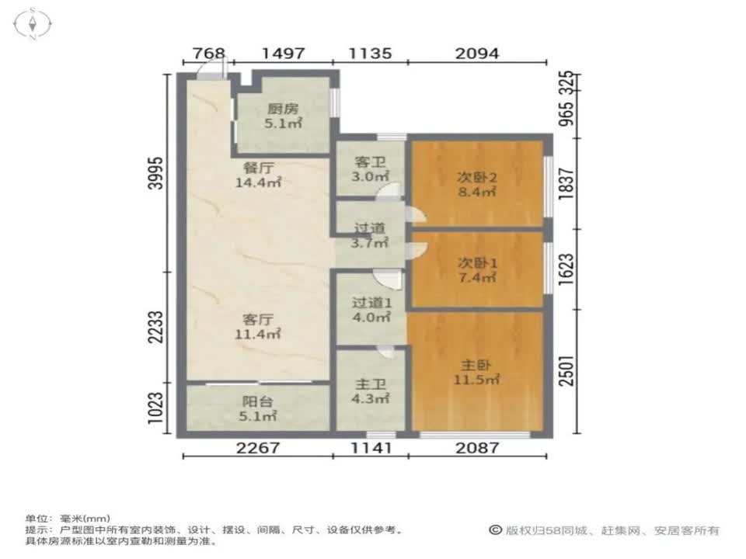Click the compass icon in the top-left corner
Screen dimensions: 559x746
coord(33,23)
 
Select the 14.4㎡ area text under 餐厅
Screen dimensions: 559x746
coord(258,183)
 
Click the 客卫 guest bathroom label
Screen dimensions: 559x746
coord(370,163)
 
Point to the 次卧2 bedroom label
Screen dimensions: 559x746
coord(476,178)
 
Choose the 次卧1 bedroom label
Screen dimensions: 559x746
coord(476,263)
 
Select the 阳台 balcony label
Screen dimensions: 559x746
coord(258,403)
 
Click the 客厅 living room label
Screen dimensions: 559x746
coord(258,319)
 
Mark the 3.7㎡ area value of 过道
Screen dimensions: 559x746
coord(370,243)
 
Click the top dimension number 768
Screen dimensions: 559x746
coord(207,54)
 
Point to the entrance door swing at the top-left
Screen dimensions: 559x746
coord(210,71)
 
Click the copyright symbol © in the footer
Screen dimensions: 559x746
coord(495,530)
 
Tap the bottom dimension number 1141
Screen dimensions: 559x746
coord(370,449)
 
